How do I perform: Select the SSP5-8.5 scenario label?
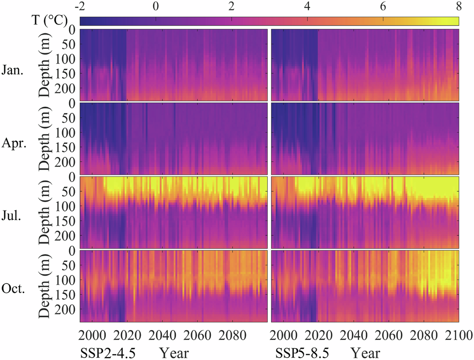[x=296, y=353]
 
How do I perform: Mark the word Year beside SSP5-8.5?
[x=365, y=353]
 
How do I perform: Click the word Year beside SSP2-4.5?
[x=174, y=353]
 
